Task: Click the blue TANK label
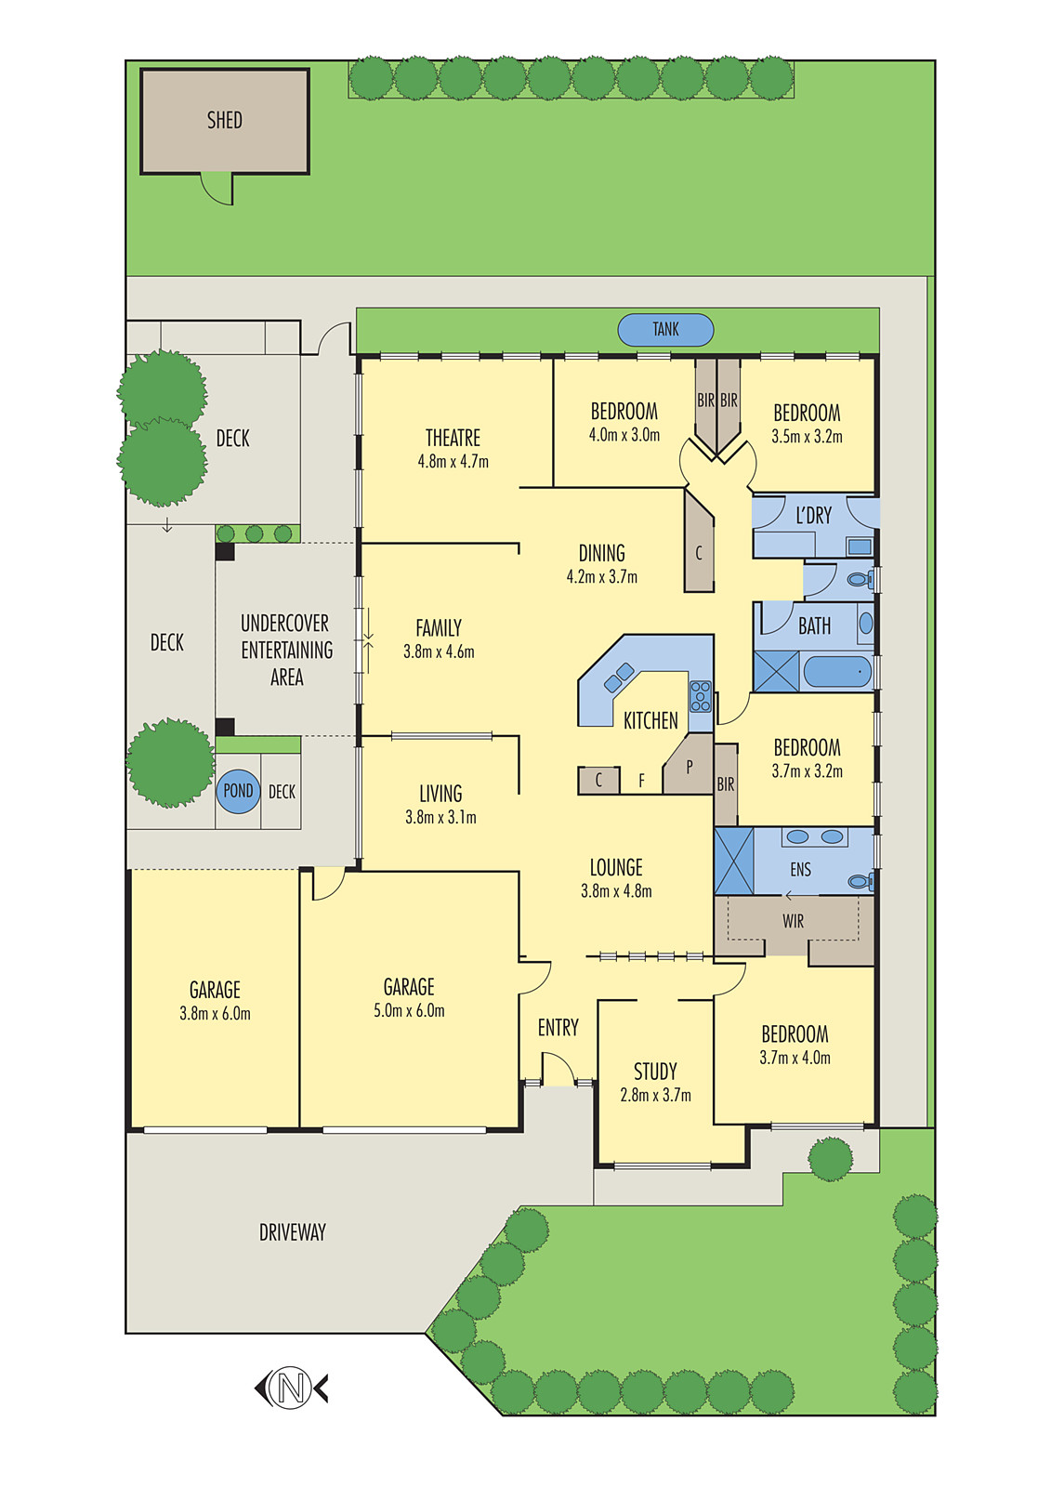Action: [x=665, y=329]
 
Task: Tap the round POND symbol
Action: [x=238, y=791]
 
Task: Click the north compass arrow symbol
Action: [x=291, y=1388]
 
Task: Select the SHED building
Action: [x=224, y=121]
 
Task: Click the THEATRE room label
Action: [x=453, y=438]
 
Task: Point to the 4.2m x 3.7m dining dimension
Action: [x=601, y=577]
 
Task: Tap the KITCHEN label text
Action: [x=650, y=720]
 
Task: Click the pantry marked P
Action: [x=689, y=768]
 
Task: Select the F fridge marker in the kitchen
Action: [x=641, y=782]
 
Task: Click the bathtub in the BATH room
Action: [x=837, y=671]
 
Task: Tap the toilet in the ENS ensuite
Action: [x=860, y=880]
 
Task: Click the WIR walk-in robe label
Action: [x=793, y=921]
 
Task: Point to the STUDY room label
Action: [x=655, y=1072]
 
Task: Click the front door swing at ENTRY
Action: [x=558, y=1069]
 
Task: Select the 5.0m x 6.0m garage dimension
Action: [x=409, y=1011]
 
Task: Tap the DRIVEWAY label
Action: [x=292, y=1232]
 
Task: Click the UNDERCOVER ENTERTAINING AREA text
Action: [x=286, y=650]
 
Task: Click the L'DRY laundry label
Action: [x=813, y=516]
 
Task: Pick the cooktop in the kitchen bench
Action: [x=700, y=696]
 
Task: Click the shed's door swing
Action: [x=218, y=189]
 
